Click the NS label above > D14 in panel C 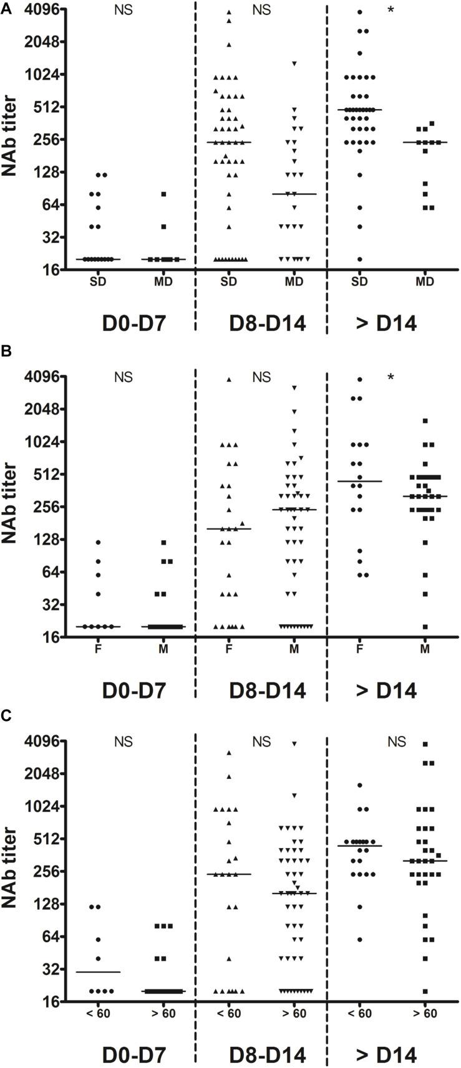(396, 742)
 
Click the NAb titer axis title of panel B (10, 503)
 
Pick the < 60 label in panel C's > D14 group (360, 1014)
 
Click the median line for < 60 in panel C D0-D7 (98, 972)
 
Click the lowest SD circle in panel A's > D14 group (360, 259)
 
